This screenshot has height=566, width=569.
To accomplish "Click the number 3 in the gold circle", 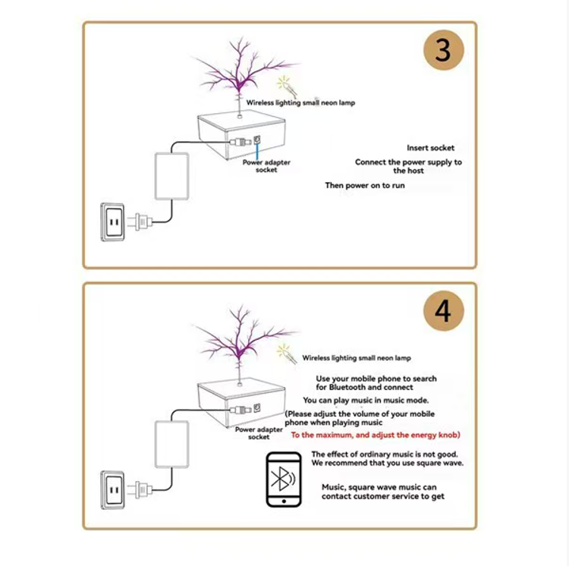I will coord(443,51).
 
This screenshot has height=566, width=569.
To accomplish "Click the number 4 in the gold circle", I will coord(443,311).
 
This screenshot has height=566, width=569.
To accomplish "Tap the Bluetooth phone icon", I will coord(284,480).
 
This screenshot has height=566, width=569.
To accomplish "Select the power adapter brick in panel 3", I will coord(171,175).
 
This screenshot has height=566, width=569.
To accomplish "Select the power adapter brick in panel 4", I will coord(171,444).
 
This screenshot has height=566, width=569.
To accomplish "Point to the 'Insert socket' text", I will coord(430,148).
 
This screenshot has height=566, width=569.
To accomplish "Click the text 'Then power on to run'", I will coord(365,185).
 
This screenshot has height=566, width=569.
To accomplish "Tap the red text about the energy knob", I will coord(376,435).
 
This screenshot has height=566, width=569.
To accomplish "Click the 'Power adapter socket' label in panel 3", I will coord(266,166).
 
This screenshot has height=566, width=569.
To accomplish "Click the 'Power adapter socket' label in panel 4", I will coord(259,433).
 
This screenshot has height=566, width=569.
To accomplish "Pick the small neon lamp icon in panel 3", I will coord(285,84).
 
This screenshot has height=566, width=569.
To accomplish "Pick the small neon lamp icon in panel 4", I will coord(285,351).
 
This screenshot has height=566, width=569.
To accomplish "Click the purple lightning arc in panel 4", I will coord(241,338).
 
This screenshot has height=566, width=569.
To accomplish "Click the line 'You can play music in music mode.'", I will coord(365,400).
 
